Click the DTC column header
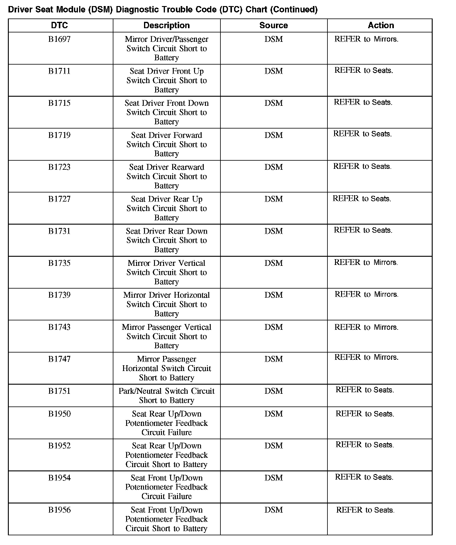coord(59,25)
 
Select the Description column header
coord(166,25)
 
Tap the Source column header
coord(273,25)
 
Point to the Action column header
coord(381,25)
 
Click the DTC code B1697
coord(59,39)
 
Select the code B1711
coord(59,71)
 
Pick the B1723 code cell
coord(59,167)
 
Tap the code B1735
coord(59,263)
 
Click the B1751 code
coord(59,391)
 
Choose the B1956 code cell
coord(59,510)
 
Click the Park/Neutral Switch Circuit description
coord(166,396)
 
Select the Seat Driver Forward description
coord(166,144)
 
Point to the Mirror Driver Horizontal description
coord(166,304)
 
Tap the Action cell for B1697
coord(366,39)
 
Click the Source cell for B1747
coord(273,359)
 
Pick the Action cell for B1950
coord(365,414)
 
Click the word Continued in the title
coord(293,10)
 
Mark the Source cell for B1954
coord(273,478)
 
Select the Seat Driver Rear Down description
coord(166,240)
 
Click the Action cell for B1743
coord(366,327)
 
